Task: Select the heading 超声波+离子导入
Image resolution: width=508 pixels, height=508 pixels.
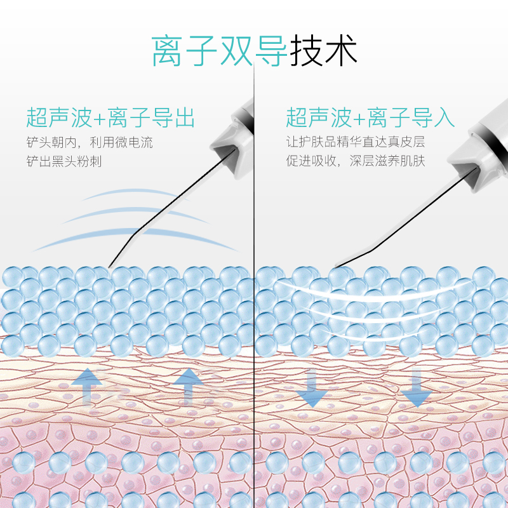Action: [370, 118]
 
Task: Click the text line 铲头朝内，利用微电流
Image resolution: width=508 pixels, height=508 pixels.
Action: [90, 142]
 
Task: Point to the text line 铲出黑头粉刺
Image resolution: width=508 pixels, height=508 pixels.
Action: [64, 161]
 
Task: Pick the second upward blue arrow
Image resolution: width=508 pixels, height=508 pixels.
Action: [187, 385]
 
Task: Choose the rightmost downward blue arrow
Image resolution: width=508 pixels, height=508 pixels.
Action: [417, 387]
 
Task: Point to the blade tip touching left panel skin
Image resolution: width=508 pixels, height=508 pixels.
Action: [110, 266]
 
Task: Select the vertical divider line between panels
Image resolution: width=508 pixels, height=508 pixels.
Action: [254, 190]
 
